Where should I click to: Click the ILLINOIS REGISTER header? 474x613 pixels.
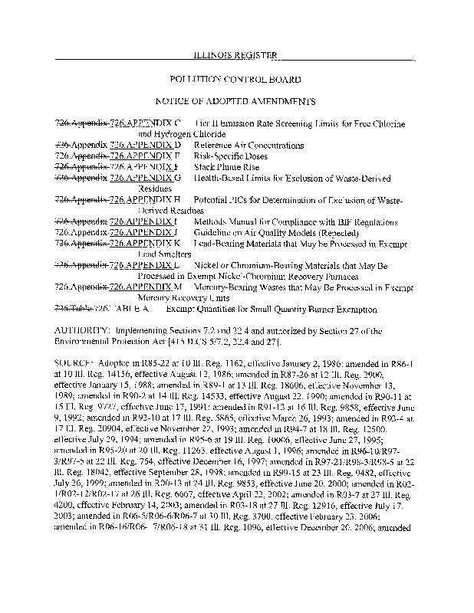pyautogui.click(x=235, y=54)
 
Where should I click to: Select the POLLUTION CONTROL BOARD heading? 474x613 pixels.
pyautogui.click(x=235, y=79)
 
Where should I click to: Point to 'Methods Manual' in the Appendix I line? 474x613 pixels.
pyautogui.click(x=222, y=221)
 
